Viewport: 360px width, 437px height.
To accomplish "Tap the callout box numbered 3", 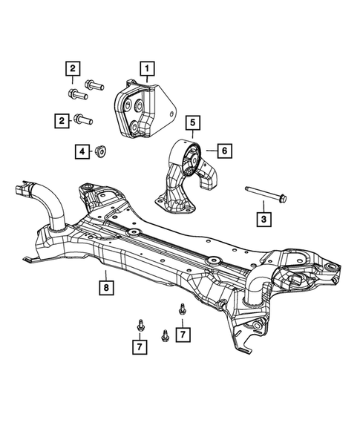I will (x=263, y=219).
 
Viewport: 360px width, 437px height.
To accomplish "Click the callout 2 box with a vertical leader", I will (x=73, y=69).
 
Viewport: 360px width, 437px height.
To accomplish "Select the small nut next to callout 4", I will (x=99, y=152).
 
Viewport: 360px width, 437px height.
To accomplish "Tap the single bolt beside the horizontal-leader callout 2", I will (x=82, y=118).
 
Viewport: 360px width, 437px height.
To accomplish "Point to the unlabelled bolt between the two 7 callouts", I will (x=163, y=334).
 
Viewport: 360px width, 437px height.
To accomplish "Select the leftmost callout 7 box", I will (x=139, y=345).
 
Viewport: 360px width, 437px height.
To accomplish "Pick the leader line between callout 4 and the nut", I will (x=91, y=152).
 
